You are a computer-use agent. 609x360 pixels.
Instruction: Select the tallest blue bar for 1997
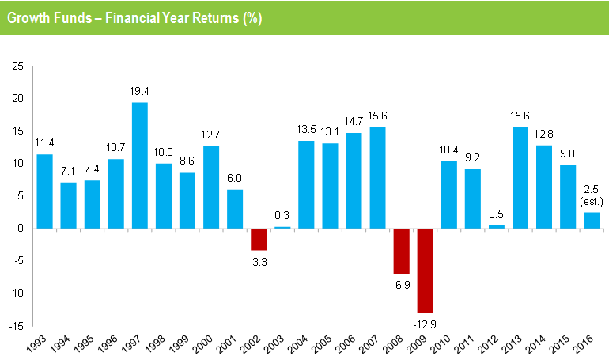click(139, 165)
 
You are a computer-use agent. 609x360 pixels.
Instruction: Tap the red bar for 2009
click(425, 270)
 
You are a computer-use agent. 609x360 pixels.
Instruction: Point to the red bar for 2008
click(401, 251)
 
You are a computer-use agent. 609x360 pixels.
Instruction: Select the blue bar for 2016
click(591, 220)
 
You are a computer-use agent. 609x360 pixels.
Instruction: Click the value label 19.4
click(139, 92)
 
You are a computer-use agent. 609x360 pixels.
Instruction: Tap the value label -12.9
click(425, 323)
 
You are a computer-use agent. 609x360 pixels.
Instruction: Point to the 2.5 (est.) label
click(591, 195)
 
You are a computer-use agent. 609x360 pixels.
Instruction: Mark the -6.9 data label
click(401, 284)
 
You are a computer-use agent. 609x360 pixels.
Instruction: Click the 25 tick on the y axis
click(18, 66)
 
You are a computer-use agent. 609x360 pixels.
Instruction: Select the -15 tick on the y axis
click(17, 325)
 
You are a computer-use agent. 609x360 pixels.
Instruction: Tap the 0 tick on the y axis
click(21, 228)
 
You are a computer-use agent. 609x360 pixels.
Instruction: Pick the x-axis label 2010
click(441, 345)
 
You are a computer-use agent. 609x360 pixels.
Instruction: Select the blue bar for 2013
click(520, 178)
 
